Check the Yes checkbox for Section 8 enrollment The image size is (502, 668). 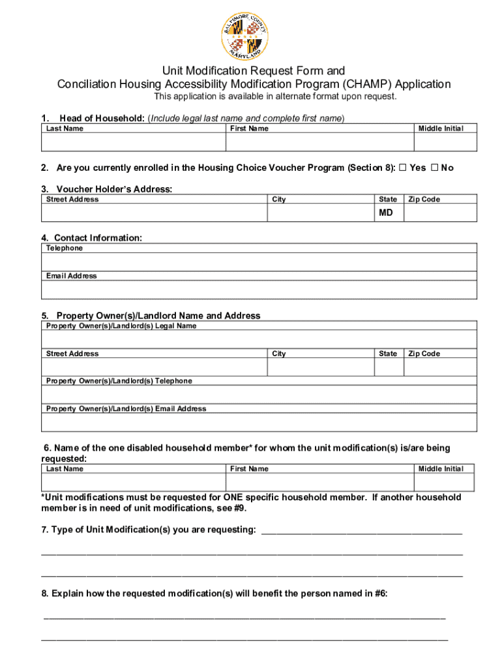pyautogui.click(x=403, y=168)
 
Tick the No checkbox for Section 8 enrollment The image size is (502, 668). pyautogui.click(x=435, y=168)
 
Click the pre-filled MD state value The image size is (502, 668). pyautogui.click(x=386, y=213)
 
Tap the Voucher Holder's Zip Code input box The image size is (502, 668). pyautogui.click(x=440, y=213)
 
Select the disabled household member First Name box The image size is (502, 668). pyautogui.click(x=319, y=482)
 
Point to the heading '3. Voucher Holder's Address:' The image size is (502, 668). pyautogui.click(x=107, y=189)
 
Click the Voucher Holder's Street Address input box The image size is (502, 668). pyautogui.click(x=154, y=213)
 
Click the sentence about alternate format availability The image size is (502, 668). pyautogui.click(x=274, y=97)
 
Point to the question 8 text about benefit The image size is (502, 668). pyautogui.click(x=214, y=594)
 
